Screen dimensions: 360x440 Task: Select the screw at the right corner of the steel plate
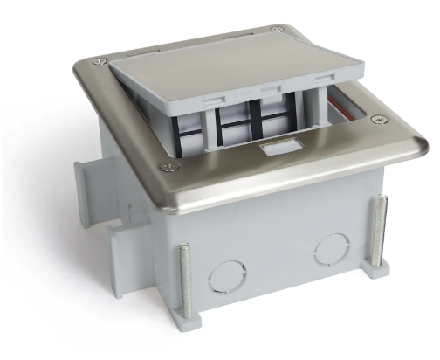377,120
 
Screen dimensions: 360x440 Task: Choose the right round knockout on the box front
327,250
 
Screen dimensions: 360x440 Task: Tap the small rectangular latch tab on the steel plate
272,151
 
